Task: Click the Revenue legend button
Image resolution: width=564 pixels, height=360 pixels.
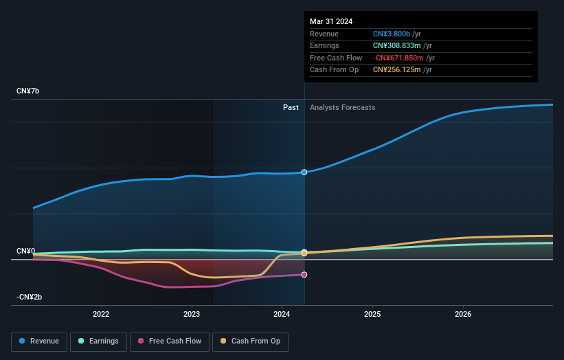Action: [39, 341]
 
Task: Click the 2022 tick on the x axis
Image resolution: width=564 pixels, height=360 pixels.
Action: [101, 315]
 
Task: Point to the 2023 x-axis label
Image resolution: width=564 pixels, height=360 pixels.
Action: [192, 315]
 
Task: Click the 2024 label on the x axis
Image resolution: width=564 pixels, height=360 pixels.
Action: [282, 315]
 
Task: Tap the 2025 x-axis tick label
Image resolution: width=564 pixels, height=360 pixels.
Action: [372, 315]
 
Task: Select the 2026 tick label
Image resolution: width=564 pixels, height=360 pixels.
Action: [463, 315]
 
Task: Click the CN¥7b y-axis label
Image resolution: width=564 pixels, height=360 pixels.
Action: [29, 91]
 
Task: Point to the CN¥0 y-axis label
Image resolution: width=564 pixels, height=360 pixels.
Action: [25, 251]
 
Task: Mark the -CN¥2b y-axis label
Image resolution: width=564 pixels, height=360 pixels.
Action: [30, 297]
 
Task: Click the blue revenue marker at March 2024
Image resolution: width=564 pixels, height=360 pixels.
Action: [304, 172]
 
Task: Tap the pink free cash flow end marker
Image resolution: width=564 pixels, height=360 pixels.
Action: [304, 275]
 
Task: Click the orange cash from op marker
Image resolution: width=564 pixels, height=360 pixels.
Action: [304, 252]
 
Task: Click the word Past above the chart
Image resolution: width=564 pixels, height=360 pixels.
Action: [291, 107]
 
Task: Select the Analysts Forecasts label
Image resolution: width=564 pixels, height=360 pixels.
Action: [343, 107]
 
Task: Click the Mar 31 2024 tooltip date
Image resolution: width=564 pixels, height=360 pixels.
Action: [331, 21]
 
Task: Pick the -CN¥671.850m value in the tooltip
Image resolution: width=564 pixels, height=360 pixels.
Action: [398, 58]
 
